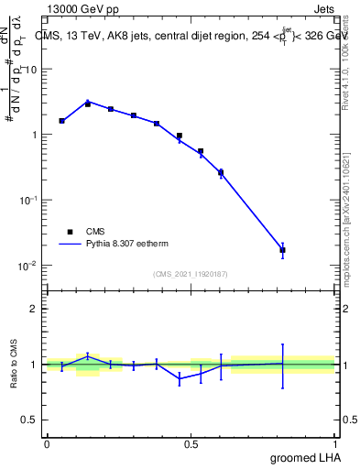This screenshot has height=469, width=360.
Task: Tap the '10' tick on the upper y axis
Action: coord(30,70)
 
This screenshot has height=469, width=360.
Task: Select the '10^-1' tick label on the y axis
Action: coord(27,200)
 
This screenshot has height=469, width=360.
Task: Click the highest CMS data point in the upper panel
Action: coord(88,104)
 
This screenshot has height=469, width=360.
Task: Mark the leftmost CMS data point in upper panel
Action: coord(61,121)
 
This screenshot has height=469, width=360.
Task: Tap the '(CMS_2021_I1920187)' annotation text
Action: coord(191,274)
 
